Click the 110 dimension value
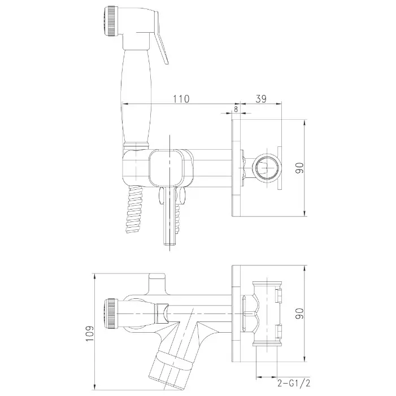pos(181,99)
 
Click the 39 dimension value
pos(261,99)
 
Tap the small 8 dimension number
pos(236,109)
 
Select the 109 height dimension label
pos(89,333)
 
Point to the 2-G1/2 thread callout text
pos(294,384)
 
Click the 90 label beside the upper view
pos(300,168)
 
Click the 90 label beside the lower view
pos(300,314)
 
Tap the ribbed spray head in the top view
pos(111,21)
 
